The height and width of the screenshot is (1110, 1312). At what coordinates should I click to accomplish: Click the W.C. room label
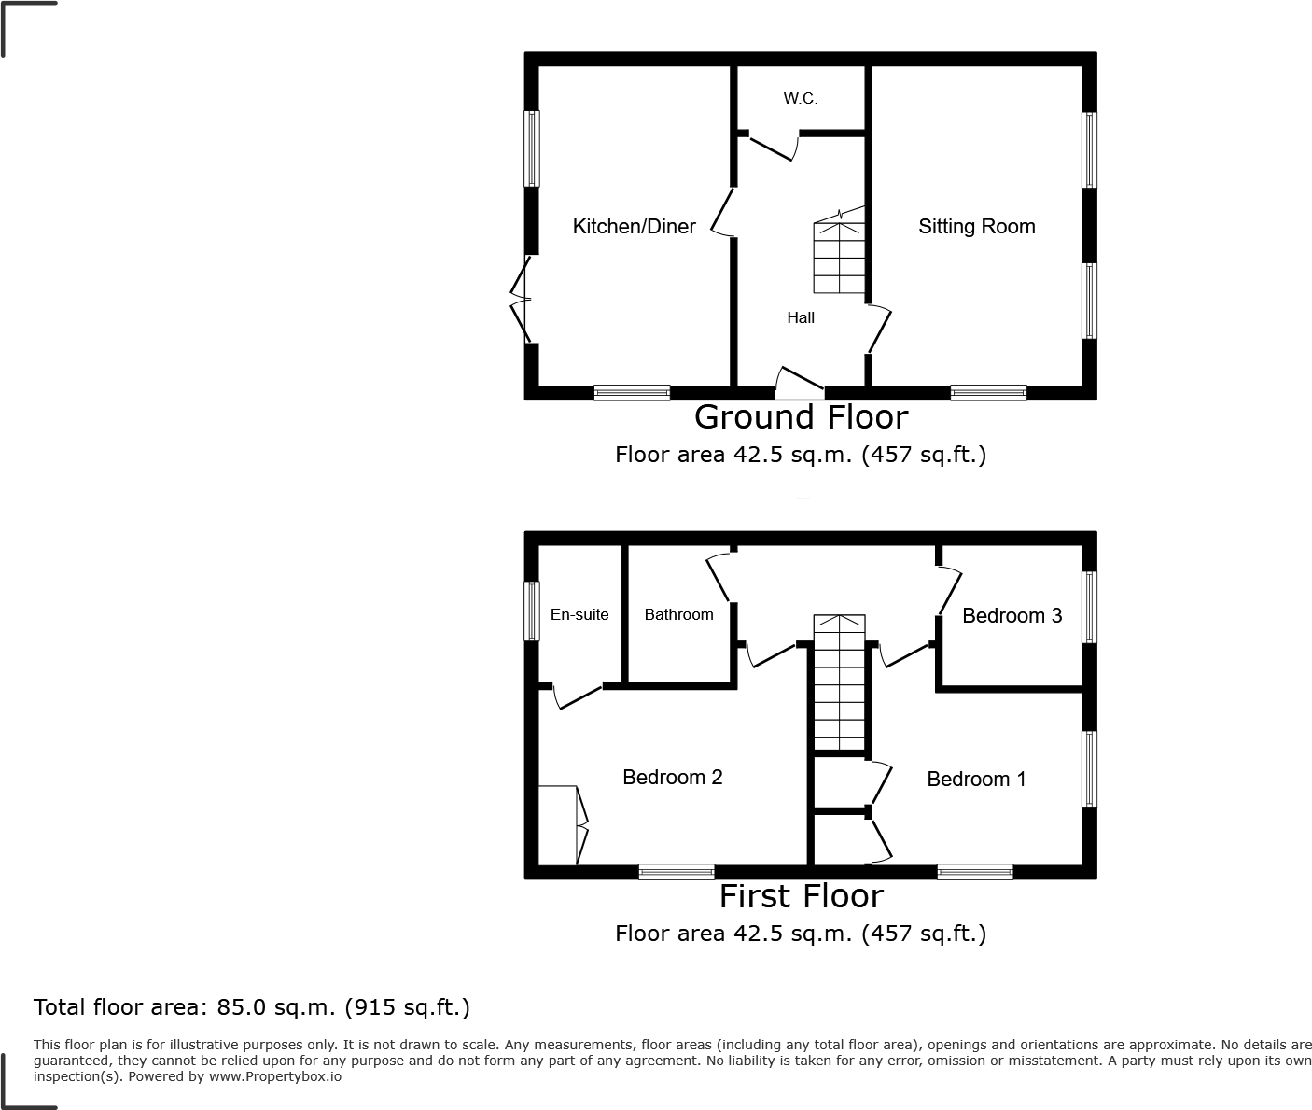click(x=800, y=99)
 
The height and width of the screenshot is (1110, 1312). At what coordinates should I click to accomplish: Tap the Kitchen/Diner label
click(x=634, y=227)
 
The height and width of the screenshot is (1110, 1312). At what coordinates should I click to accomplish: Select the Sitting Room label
click(x=976, y=227)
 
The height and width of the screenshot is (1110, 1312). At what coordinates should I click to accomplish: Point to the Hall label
click(x=800, y=318)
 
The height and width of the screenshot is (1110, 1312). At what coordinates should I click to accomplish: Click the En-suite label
click(x=579, y=615)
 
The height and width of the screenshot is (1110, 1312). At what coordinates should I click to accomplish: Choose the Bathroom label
click(x=678, y=615)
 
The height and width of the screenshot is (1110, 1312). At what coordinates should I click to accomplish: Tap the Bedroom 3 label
click(x=1012, y=616)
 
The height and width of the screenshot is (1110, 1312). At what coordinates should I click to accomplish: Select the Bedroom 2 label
click(x=672, y=778)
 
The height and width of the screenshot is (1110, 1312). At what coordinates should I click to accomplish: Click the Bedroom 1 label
click(x=976, y=780)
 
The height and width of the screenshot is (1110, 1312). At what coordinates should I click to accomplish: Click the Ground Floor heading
click(x=801, y=417)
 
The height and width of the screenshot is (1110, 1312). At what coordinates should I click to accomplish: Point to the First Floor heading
click(x=801, y=896)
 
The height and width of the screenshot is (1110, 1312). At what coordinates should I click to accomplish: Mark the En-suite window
click(x=531, y=611)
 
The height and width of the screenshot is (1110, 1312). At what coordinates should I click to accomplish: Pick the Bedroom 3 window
click(x=1089, y=607)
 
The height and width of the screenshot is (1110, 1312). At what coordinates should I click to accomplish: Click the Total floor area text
click(x=252, y=1007)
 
